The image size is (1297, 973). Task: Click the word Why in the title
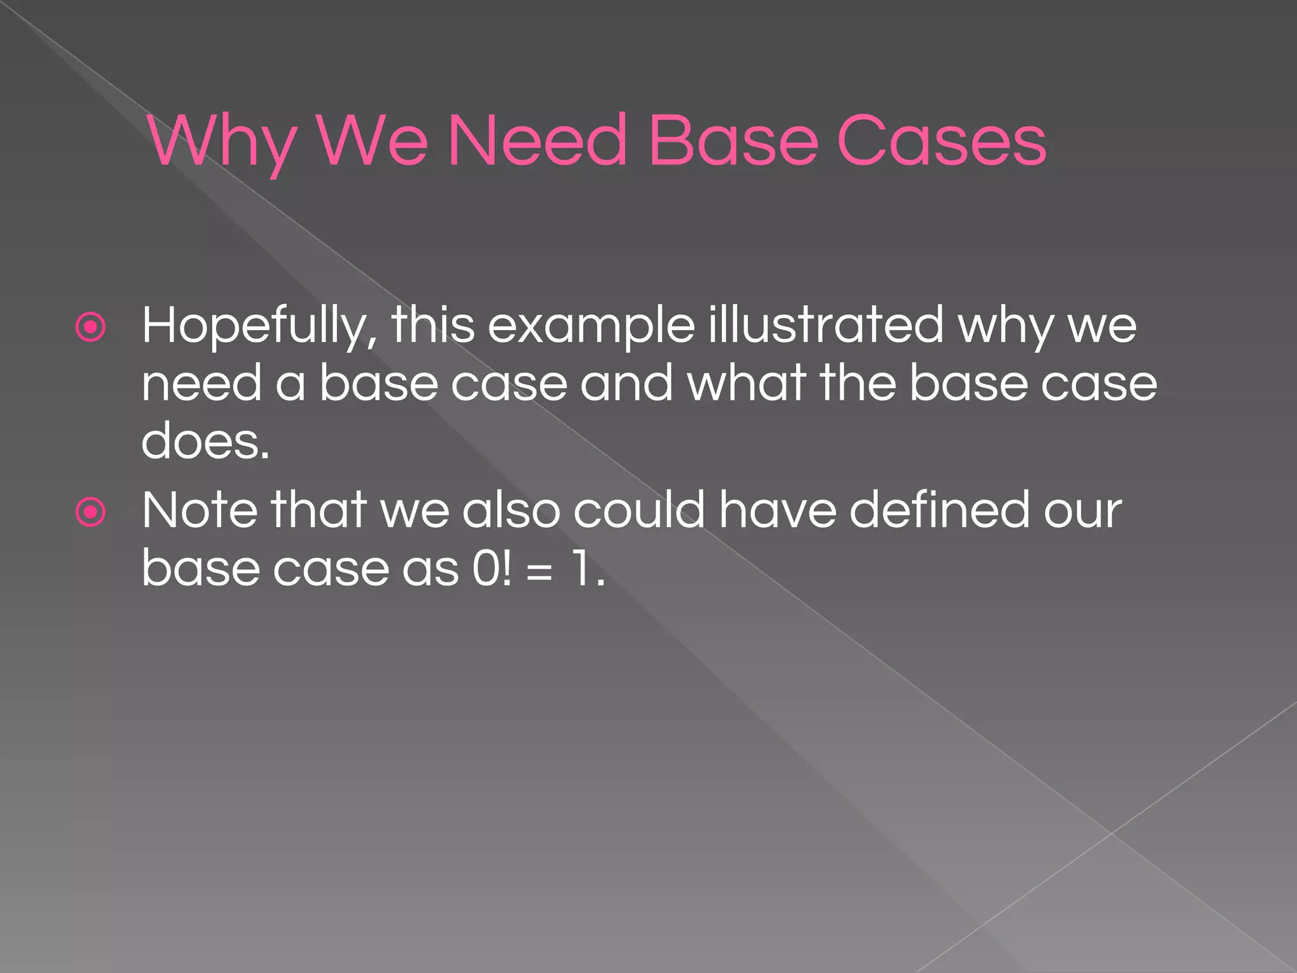click(222, 143)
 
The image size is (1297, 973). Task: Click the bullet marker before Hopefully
click(91, 327)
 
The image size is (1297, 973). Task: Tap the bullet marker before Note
click(91, 512)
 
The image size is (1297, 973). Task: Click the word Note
click(200, 510)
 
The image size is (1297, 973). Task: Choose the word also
click(511, 510)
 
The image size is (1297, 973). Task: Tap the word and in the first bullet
click(626, 383)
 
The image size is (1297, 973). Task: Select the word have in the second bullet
click(778, 510)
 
